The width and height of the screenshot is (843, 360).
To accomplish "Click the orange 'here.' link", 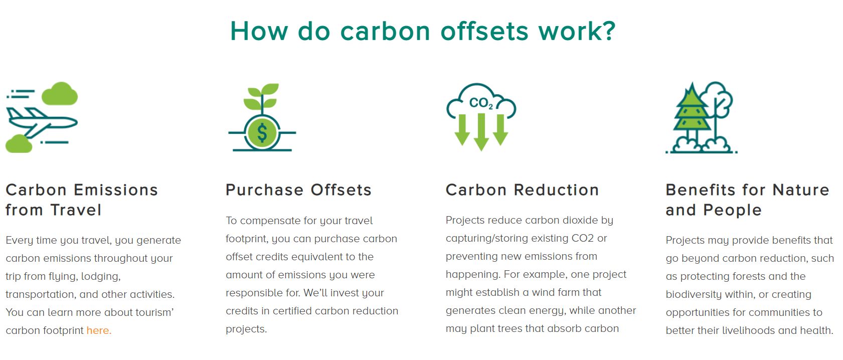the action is pyautogui.click(x=99, y=330).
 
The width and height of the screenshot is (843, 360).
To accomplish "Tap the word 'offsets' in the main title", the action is pyautogui.click(x=484, y=31).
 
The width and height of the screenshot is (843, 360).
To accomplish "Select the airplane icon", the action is pyautogui.click(x=42, y=122).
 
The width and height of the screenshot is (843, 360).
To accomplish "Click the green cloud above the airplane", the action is pyautogui.click(x=60, y=93).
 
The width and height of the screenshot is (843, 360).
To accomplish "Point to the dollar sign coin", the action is pyautogui.click(x=262, y=132).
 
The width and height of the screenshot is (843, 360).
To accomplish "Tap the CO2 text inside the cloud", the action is pyautogui.click(x=480, y=103).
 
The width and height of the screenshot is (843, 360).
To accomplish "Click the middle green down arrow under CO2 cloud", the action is pyautogui.click(x=481, y=132).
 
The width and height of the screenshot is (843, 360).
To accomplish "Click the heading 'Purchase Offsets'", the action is pyautogui.click(x=298, y=190).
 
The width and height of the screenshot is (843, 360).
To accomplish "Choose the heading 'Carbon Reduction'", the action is pyautogui.click(x=522, y=190).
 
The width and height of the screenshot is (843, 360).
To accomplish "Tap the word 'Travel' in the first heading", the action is pyautogui.click(x=76, y=210).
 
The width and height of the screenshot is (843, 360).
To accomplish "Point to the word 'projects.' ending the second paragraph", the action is pyautogui.click(x=246, y=329).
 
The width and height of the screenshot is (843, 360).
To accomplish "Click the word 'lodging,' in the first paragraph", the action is pyautogui.click(x=101, y=276).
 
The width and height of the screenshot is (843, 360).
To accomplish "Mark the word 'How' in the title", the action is pyautogui.click(x=259, y=31).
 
